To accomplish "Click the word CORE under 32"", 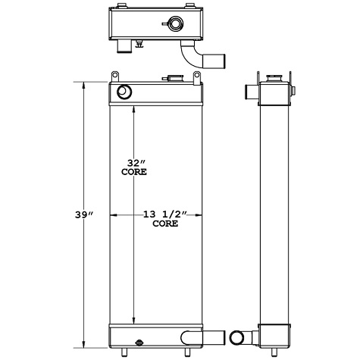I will (134, 172).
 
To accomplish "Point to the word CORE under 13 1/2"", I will (165, 224).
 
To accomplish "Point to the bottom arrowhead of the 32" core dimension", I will (134, 321).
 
